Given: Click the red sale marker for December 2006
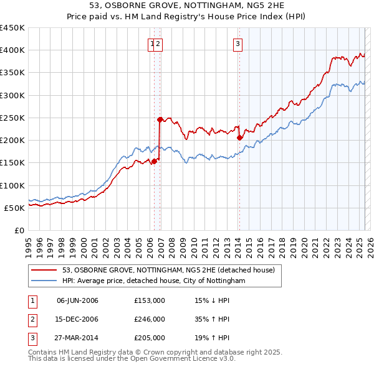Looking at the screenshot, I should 160,119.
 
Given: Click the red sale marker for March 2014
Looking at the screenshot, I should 239,137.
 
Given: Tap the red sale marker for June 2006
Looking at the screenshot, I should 155,161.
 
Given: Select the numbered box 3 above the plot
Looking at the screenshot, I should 238,44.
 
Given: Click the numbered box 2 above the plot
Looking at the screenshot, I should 158,44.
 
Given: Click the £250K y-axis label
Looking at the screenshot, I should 13,118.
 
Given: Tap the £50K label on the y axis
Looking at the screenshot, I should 16,208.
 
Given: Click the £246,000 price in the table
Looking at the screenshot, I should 150,319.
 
